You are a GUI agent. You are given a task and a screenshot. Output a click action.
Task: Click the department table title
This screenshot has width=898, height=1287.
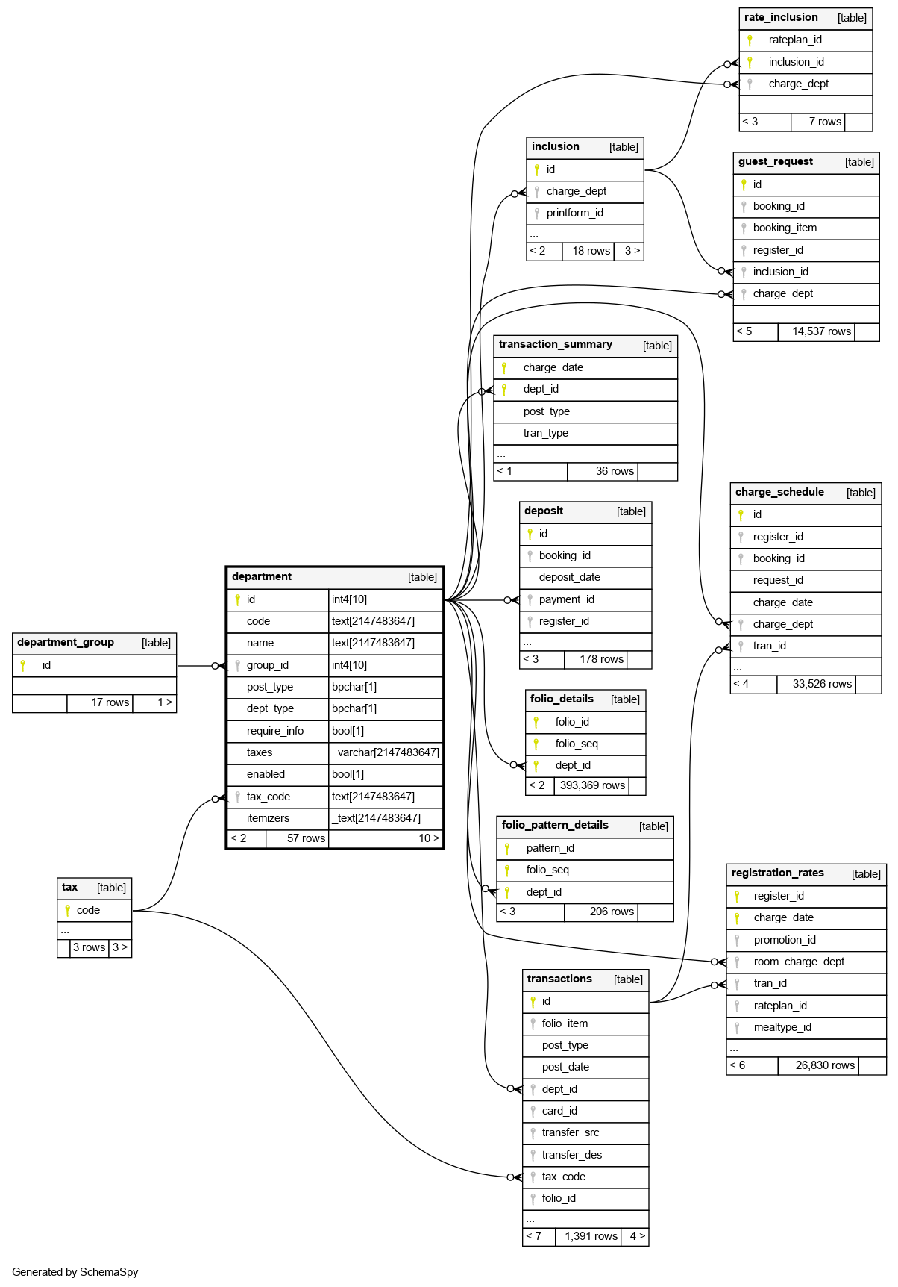point(262,576)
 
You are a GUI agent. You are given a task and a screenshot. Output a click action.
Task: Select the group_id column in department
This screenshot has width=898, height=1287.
point(267,665)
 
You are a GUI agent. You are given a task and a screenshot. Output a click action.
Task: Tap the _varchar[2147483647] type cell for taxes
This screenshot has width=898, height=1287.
point(386,752)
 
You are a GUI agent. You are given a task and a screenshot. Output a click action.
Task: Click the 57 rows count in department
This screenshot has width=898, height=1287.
point(306,838)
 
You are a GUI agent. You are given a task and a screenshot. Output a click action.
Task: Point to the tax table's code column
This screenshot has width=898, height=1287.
point(88,910)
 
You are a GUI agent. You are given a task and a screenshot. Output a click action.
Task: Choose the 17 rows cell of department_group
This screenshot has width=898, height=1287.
point(110,702)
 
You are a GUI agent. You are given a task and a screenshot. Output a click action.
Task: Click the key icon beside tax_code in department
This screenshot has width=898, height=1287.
point(238,797)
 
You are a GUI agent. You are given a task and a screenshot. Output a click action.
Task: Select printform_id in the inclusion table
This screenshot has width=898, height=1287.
point(574,213)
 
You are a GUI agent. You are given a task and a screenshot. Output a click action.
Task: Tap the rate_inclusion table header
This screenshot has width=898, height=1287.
point(781,17)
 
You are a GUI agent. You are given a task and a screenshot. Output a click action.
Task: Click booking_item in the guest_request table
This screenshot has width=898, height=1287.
point(785,228)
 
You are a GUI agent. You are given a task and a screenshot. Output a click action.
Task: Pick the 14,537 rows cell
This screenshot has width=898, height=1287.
point(821,331)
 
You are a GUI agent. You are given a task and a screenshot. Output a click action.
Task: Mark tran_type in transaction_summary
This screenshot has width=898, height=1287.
point(545,433)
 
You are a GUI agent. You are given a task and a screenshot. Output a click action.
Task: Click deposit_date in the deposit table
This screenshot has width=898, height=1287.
point(569,577)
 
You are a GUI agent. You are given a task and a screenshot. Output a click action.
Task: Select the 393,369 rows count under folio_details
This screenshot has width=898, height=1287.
point(592,785)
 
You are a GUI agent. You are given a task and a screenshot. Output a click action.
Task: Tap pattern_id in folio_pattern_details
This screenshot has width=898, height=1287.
point(550,848)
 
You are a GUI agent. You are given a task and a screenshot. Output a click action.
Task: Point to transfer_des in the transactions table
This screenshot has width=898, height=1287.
point(571,1155)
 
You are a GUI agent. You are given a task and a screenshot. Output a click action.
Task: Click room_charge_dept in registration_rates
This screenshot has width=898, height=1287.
point(799,962)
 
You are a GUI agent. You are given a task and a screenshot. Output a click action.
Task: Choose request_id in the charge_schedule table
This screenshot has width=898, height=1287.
point(778,580)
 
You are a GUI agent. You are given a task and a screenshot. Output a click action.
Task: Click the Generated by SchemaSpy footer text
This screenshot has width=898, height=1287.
point(75,1272)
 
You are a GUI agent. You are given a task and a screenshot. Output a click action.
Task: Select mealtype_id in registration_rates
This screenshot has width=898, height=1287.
point(782,1027)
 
